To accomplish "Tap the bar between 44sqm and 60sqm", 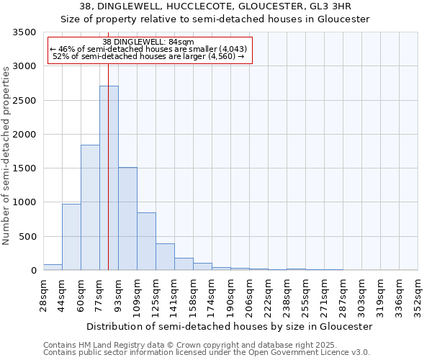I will pos(71,237).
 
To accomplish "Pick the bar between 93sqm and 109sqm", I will pos(127,219).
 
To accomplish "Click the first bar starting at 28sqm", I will pos(53,267).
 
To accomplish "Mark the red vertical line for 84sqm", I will pos(108,144).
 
